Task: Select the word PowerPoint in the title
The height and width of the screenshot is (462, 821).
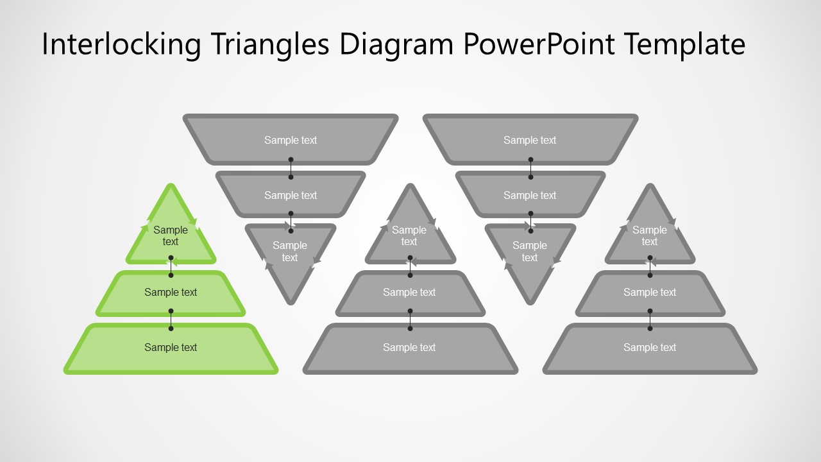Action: (x=537, y=45)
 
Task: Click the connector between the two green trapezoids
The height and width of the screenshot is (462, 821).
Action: (x=171, y=320)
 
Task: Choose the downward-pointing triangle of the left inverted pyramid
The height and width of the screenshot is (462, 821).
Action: (x=290, y=257)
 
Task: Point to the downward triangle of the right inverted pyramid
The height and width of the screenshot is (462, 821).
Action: (x=530, y=257)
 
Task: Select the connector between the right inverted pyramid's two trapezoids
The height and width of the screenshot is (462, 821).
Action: (x=530, y=167)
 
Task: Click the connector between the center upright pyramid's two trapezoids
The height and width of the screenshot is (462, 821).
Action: (x=410, y=320)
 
